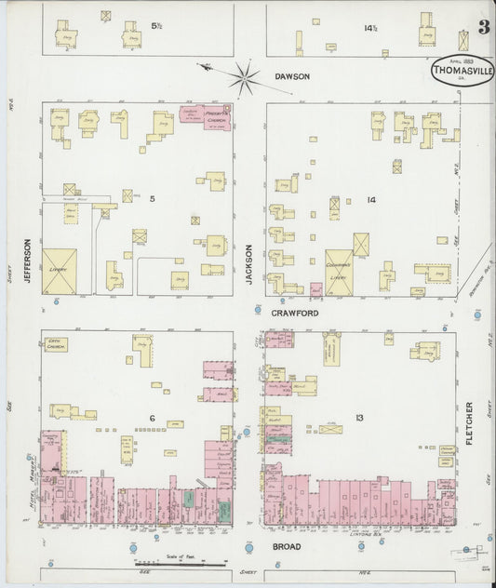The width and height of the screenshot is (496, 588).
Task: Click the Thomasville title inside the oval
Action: pos(462,69)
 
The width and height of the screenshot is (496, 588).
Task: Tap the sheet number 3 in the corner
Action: pos(484,27)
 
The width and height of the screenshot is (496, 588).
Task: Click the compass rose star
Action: pos(245,78)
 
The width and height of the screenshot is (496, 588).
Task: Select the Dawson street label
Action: pos(290,77)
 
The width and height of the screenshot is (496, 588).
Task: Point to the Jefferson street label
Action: pos(28,261)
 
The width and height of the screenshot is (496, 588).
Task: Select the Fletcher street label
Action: pos(470,422)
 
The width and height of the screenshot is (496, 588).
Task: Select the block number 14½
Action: pos(370,28)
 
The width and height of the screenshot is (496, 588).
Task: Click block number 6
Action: pos(150,418)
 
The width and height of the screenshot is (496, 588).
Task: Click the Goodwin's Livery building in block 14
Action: pos(339,273)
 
